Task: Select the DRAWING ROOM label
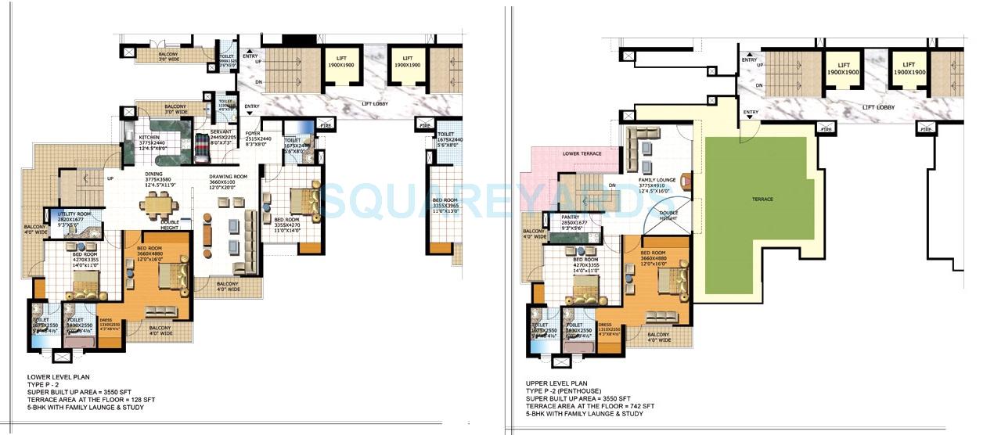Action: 228,177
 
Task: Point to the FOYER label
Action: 252,134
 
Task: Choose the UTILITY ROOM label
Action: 74,214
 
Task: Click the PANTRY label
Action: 571,217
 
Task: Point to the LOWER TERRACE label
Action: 582,153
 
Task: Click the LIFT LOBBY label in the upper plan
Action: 878,107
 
